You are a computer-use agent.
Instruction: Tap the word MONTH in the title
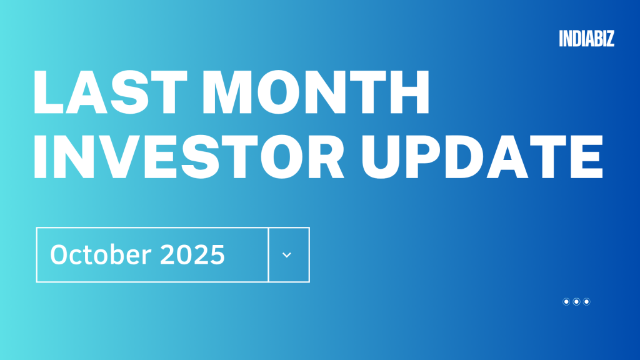pos(319,92)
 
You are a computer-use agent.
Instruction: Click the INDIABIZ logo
pos(587,39)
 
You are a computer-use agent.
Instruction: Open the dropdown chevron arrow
pos(287,255)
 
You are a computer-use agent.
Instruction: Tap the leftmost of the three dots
pos(566,302)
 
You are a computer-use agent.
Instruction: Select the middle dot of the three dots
pos(576,302)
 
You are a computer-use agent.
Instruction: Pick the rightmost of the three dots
pos(587,302)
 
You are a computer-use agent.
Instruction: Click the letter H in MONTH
pos(407,92)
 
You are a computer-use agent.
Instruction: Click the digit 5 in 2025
pos(216,255)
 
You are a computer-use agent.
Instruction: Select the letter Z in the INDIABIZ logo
pos(610,39)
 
